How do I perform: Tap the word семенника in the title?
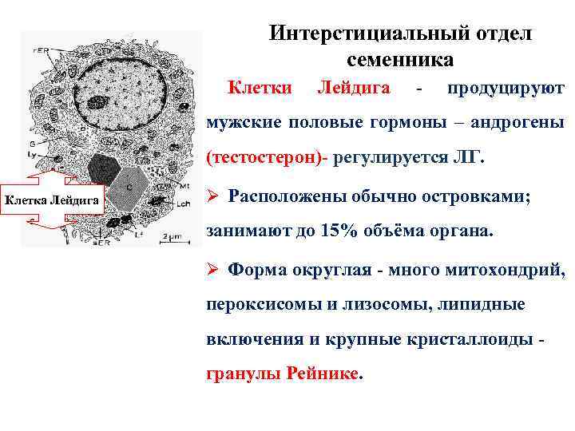(399, 60)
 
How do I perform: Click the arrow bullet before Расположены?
(213, 196)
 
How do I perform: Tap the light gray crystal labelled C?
(129, 185)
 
